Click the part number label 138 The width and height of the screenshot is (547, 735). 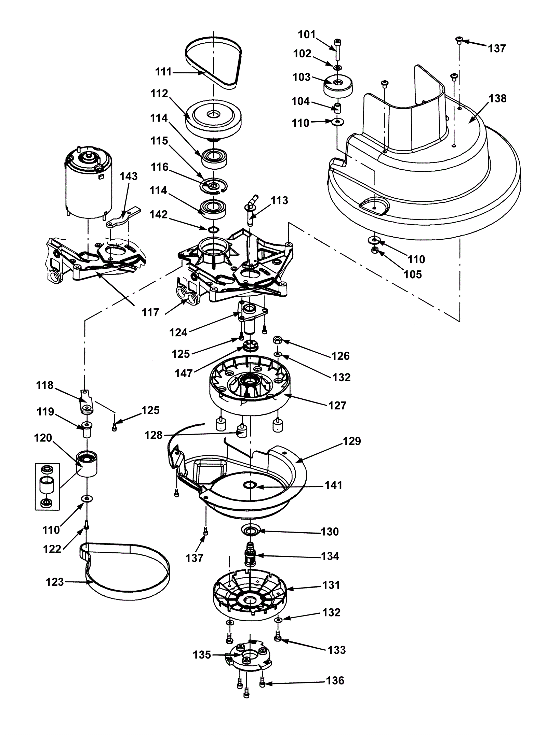[x=498, y=98]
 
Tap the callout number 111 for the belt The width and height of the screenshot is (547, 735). [x=164, y=72]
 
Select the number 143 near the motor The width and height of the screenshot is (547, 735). [x=129, y=176]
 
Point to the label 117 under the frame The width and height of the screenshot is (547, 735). [x=151, y=312]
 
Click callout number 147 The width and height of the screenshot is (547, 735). [x=184, y=373]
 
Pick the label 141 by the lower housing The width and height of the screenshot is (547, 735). [x=333, y=485]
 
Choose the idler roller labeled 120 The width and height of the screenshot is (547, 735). [x=87, y=463]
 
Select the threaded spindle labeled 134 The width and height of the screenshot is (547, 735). [x=251, y=556]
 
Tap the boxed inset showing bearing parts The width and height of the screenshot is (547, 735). [x=47, y=486]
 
